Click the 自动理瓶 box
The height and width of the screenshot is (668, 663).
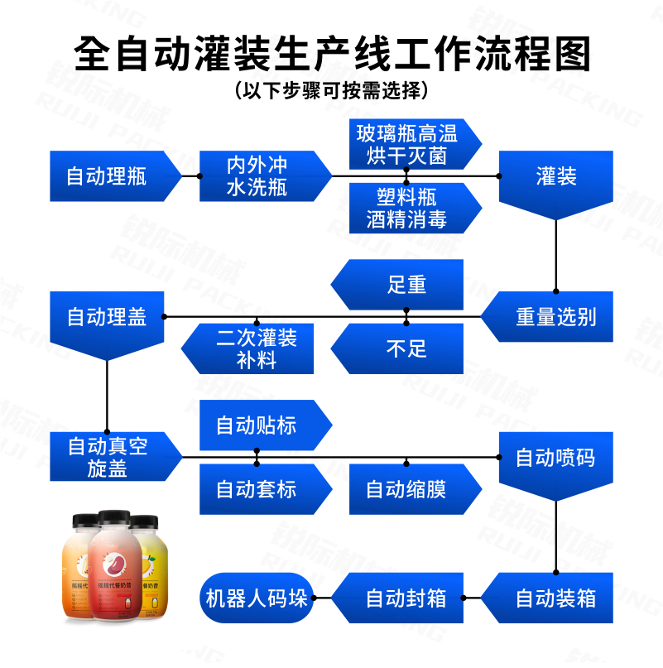tap(108, 176)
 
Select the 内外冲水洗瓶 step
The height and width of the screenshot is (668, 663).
tap(257, 176)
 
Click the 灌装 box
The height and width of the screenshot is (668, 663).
tap(555, 176)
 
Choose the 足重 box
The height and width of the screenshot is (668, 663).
tap(406, 286)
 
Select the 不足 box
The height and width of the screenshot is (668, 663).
tap(406, 348)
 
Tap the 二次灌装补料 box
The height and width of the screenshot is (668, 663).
tap(256, 348)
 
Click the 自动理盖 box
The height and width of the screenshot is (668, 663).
tap(107, 317)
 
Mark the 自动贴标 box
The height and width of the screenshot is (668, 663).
tap(257, 426)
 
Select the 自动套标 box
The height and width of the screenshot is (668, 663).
tap(257, 489)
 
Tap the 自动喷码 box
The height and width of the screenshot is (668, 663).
tap(555, 458)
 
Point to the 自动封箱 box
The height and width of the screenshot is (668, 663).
tap(406, 598)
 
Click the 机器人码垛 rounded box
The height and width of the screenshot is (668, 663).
tap(257, 598)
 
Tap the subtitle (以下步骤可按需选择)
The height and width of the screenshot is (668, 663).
tap(331, 89)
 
